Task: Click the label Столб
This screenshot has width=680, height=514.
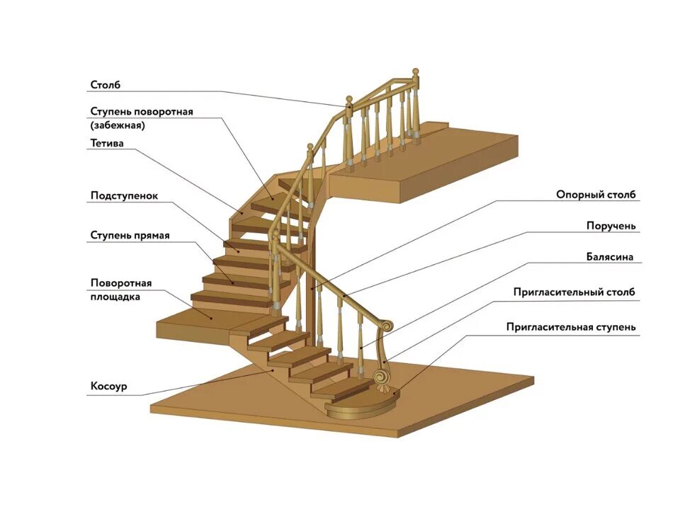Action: [106, 86]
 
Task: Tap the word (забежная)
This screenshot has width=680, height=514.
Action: [118, 125]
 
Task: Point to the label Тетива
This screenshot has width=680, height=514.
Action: [107, 143]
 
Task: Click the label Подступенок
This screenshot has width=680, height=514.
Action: [124, 195]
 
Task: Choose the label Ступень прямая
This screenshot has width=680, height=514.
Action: [130, 235]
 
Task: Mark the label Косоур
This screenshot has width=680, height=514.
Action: [108, 387]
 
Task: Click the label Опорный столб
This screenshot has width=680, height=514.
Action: [596, 194]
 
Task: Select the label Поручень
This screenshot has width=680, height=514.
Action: [611, 226]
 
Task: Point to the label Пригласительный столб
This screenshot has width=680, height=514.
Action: [574, 292]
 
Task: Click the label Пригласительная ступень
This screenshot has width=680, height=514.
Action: [571, 327]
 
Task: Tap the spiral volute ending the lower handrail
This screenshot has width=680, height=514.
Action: [387, 325]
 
